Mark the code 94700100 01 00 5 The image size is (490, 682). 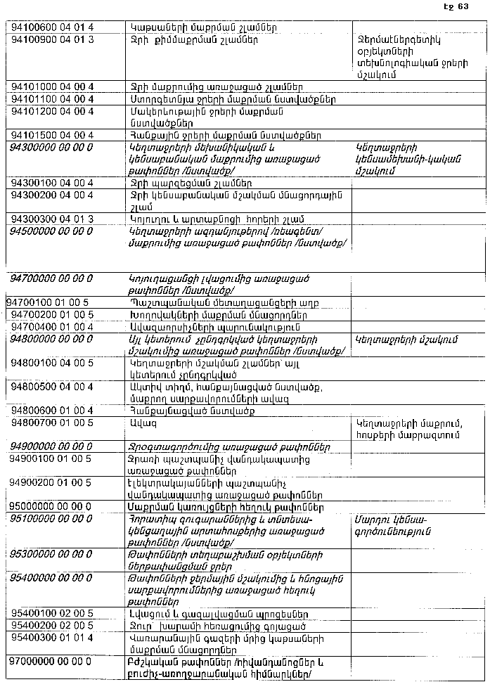(48, 302)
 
